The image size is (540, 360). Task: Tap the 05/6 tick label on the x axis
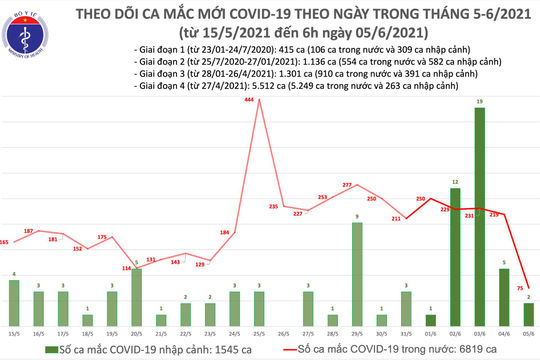(x=527, y=336)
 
